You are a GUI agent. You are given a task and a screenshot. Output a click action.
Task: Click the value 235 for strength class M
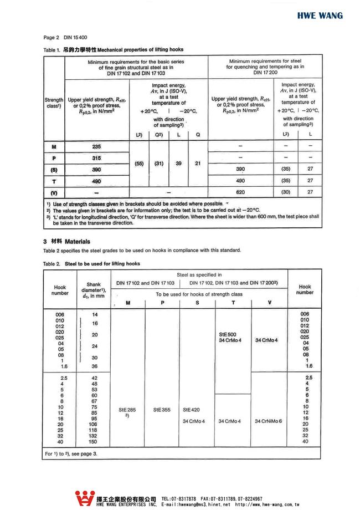coord(96,146)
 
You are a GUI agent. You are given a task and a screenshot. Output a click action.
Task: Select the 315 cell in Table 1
coord(96,158)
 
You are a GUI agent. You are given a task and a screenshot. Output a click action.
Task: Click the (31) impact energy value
coord(158,164)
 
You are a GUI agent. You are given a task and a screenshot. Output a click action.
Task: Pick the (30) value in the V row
coord(286,192)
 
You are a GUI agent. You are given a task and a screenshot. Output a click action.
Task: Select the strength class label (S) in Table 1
coord(54,170)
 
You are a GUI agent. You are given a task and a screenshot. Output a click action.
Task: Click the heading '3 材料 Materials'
coord(66,242)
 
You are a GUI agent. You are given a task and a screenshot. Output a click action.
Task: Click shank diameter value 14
coord(95,314)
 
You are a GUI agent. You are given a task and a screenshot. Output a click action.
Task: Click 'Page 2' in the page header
coord(51,38)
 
